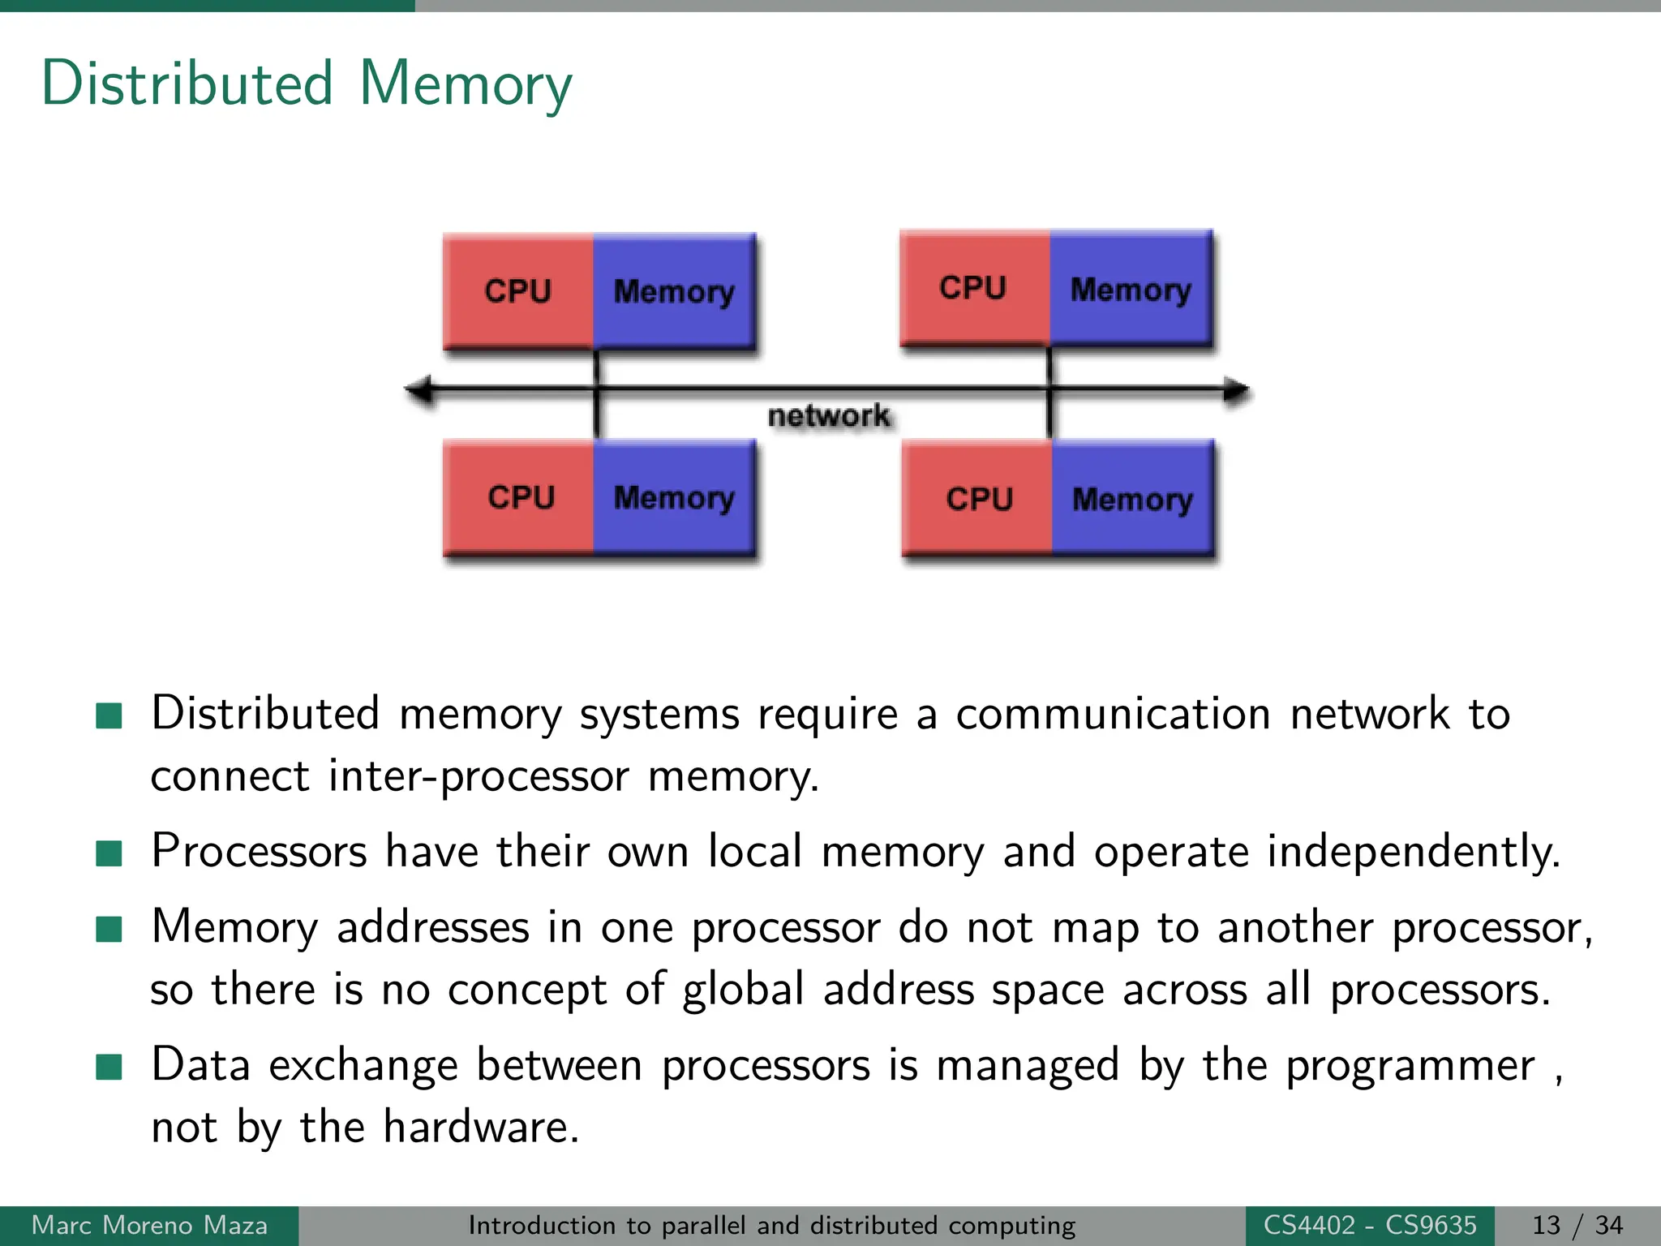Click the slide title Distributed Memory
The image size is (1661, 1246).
pos(307,84)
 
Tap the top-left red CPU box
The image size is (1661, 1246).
pos(518,291)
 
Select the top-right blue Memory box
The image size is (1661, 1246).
pos(1131,290)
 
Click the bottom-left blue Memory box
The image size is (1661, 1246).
pos(674,497)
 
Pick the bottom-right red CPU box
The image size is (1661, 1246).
pos(978,499)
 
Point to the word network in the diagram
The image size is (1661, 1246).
pos(828,415)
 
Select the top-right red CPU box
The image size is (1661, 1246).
pos(973,288)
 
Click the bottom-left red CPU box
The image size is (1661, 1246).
pos(521,497)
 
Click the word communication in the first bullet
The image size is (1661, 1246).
pos(1113,715)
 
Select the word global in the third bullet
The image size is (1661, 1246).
pos(743,990)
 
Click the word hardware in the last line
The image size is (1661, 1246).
pos(479,1127)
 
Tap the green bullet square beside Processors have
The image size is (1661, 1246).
pos(109,853)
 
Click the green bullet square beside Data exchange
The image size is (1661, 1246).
pos(109,1068)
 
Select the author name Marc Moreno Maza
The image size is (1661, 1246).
pos(149,1225)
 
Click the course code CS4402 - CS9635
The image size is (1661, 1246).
pos(1370,1225)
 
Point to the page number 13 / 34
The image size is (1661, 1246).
pos(1577,1225)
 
